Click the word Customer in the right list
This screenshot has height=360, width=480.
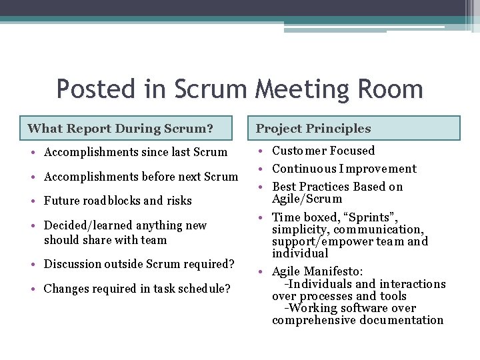coord(301,151)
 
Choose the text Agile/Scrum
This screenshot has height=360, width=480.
coord(307,199)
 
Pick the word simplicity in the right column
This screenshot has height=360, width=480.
coord(301,230)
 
